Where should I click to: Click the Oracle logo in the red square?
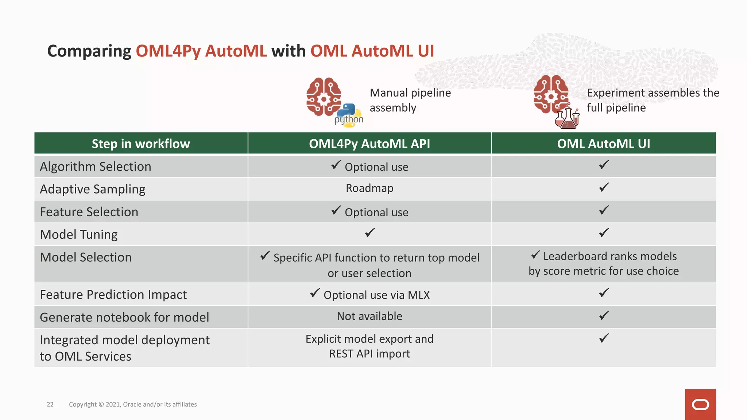pos(700,405)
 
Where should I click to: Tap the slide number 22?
pos(50,404)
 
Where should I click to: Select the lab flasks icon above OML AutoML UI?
pos(567,118)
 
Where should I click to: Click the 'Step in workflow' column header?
pos(141,144)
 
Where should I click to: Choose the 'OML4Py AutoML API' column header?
pos(369,144)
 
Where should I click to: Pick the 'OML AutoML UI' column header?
pos(603,144)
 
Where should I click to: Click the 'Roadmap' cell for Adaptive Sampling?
pos(369,188)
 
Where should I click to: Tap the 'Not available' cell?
pos(369,316)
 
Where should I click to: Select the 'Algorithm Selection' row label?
pos(96,167)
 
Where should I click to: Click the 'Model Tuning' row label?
pos(79,234)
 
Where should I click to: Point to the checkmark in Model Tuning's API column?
pos(370,233)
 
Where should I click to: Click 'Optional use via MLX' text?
pos(376,295)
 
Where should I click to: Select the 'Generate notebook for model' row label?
pos(124,317)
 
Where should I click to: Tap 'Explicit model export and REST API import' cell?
pos(369,346)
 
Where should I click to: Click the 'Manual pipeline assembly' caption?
pos(410,100)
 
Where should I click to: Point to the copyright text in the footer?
pos(133,404)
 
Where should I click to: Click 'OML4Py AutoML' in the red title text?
pos(201,51)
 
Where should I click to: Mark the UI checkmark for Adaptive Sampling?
pos(604,187)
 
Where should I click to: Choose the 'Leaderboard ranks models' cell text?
pos(609,256)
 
